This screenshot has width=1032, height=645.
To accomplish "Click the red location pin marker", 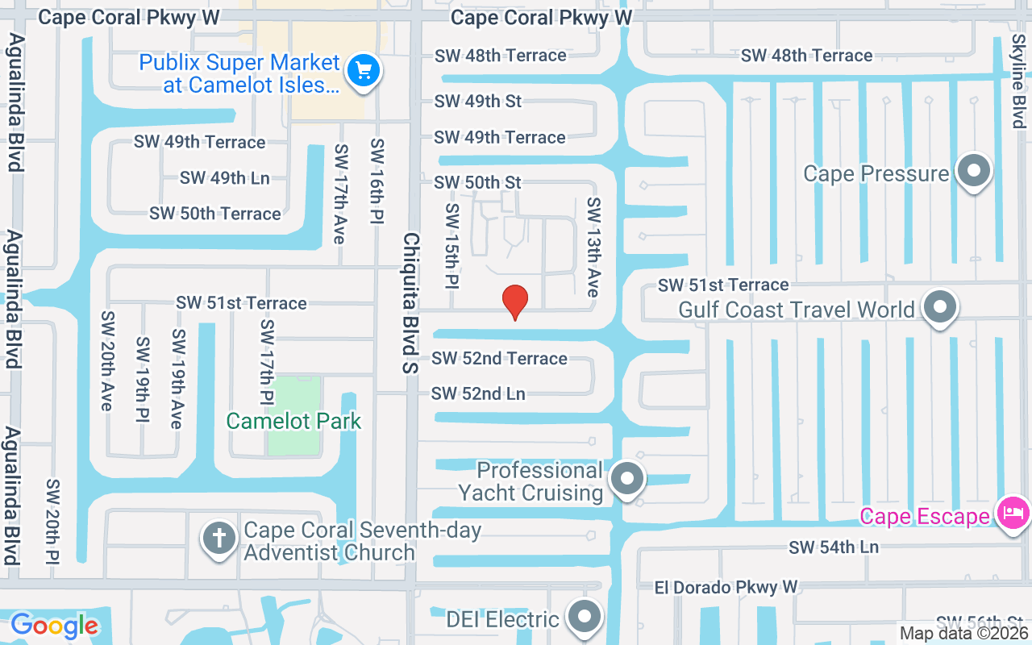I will coord(514,302).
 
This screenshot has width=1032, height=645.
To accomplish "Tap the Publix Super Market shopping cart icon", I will coord(363,71).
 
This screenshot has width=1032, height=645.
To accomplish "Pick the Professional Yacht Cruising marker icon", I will coord(626,481).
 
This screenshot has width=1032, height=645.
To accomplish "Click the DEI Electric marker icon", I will coord(585,618).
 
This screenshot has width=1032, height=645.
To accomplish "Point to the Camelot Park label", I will coord(293,421).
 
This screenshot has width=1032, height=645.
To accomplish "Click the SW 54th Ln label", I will coord(834,547).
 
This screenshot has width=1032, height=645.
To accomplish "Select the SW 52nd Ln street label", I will coord(478,393).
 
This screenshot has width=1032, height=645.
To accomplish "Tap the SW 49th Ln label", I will coord(224,178).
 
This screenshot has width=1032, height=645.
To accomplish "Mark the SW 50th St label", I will coord(477,182).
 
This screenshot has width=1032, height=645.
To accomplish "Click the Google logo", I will coord(54,625).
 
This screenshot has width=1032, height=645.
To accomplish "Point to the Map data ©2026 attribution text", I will coord(963,634).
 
